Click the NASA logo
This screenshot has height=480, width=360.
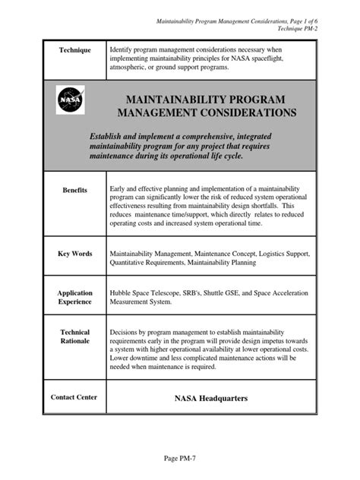point(66,99)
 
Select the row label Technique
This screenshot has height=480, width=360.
point(75,50)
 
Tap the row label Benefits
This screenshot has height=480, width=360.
point(75,190)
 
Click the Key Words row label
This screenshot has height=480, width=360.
point(75,254)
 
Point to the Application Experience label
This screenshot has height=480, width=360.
point(75,298)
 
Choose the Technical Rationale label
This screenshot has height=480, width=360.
point(75,337)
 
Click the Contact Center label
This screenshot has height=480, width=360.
point(74,397)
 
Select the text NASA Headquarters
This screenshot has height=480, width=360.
point(201,397)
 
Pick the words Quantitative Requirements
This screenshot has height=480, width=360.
point(150,262)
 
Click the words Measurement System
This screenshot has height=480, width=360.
point(146,302)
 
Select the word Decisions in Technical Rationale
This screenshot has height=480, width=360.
point(126,333)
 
